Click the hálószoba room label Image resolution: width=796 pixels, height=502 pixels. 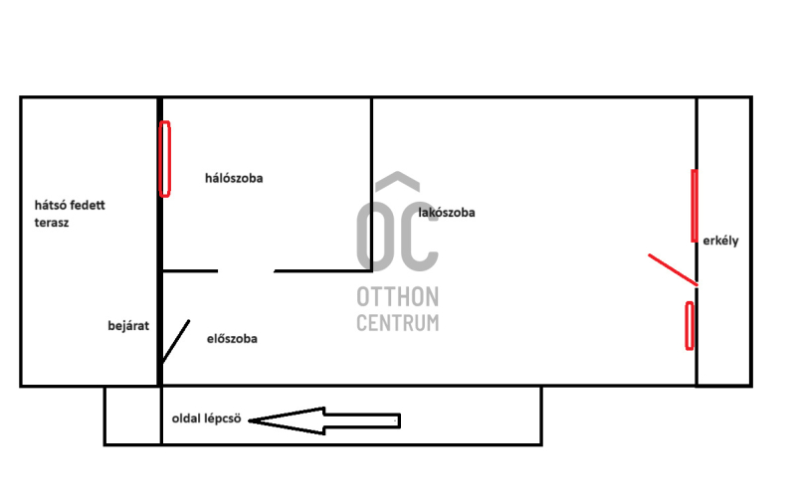[x=234, y=178]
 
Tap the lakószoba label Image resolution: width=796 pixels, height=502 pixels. [x=447, y=213]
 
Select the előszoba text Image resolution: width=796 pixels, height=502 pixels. [x=232, y=338]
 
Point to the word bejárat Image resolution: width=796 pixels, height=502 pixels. [x=128, y=325]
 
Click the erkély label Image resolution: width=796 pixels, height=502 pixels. [x=720, y=241]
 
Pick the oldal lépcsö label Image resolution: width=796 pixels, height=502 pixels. [x=207, y=418]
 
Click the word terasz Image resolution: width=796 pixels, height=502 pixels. [x=52, y=223]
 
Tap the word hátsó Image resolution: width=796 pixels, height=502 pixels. [x=49, y=205]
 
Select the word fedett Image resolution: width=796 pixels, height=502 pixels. [x=87, y=205]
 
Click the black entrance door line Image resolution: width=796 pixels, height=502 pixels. [x=176, y=341]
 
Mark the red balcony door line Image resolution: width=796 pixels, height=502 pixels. [x=673, y=269]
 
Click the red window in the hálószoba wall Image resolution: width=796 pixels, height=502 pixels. [x=164, y=159]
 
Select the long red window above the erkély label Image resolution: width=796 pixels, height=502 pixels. [x=695, y=206]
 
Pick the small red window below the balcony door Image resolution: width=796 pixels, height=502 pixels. [x=690, y=325]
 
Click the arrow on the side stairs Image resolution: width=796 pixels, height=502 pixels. [x=324, y=420]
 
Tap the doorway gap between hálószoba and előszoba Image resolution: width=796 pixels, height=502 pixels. [x=246, y=271]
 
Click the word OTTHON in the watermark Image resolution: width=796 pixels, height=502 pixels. [x=398, y=296]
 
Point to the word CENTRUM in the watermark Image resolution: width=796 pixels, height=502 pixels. [x=398, y=323]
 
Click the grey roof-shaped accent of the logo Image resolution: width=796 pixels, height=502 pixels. [x=397, y=182]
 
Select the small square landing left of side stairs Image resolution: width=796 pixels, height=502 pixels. [x=133, y=416]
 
